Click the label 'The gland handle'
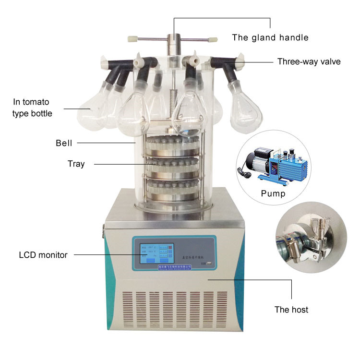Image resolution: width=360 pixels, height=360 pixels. [x=270, y=37]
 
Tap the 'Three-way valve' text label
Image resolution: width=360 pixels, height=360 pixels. [x=309, y=62]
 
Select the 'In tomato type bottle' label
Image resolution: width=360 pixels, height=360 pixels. [x=31, y=108]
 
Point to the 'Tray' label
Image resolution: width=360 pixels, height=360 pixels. [x=76, y=164]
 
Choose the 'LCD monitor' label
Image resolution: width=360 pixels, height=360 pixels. [x=43, y=255]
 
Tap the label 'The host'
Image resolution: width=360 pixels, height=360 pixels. [x=291, y=309]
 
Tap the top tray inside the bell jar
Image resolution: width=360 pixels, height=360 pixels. [x=174, y=145]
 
